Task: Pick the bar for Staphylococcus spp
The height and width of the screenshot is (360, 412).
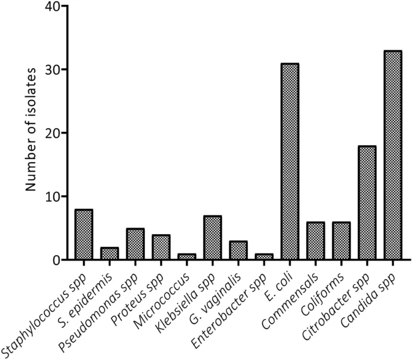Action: (x=83, y=235)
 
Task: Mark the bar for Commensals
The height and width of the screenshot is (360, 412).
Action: (x=315, y=241)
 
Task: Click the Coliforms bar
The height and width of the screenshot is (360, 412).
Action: (x=341, y=241)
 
